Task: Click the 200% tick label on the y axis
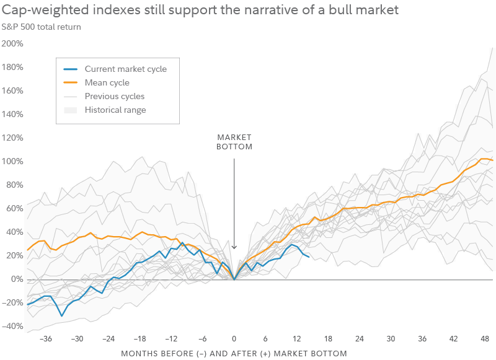pyautogui.click(x=12, y=43)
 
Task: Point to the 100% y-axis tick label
pyautogui.click(x=12, y=161)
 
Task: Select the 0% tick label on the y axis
pyautogui.click(x=17, y=279)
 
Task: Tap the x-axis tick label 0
pyautogui.click(x=234, y=339)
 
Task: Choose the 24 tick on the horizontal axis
pyautogui.click(x=360, y=339)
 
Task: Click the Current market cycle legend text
pyautogui.click(x=125, y=69)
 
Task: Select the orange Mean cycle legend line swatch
pyautogui.click(x=71, y=82)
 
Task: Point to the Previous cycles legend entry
pyautogui.click(x=114, y=96)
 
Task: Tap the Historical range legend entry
pyautogui.click(x=115, y=110)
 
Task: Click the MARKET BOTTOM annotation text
pyautogui.click(x=234, y=142)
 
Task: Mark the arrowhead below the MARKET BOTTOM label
pyautogui.click(x=234, y=248)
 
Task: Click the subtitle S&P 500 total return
pyautogui.click(x=41, y=27)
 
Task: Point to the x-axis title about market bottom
pyautogui.click(x=234, y=353)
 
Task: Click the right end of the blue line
pyautogui.click(x=309, y=257)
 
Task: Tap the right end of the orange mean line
pyautogui.click(x=492, y=160)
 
